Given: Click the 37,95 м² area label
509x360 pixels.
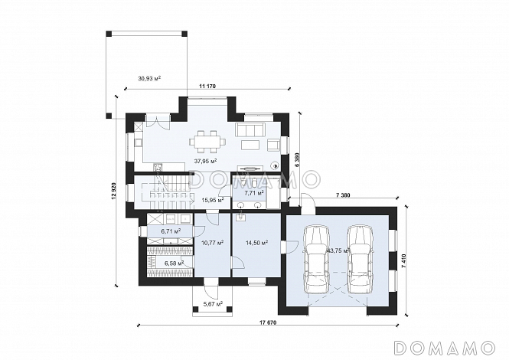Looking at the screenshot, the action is pyautogui.click(x=205, y=161).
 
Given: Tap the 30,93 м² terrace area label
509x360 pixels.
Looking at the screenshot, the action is pyautogui.click(x=150, y=78).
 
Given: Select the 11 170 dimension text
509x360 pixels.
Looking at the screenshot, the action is pyautogui.click(x=207, y=86).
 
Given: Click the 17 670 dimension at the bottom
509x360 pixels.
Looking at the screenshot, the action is pyautogui.click(x=268, y=322).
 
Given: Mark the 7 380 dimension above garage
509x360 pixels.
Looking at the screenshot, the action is pyautogui.click(x=342, y=195).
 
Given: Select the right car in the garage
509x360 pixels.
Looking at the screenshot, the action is pyautogui.click(x=360, y=259).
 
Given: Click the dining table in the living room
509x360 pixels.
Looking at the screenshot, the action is pyautogui.click(x=208, y=142).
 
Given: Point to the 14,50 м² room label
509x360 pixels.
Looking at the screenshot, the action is pyautogui.click(x=256, y=242).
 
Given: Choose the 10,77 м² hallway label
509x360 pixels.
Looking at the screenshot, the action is pyautogui.click(x=212, y=242).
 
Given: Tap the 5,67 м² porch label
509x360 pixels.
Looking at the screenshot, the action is pyautogui.click(x=213, y=304).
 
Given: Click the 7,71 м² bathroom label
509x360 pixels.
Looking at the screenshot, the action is pyautogui.click(x=254, y=193).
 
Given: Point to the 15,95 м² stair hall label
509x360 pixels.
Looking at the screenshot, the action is pyautogui.click(x=213, y=200).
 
